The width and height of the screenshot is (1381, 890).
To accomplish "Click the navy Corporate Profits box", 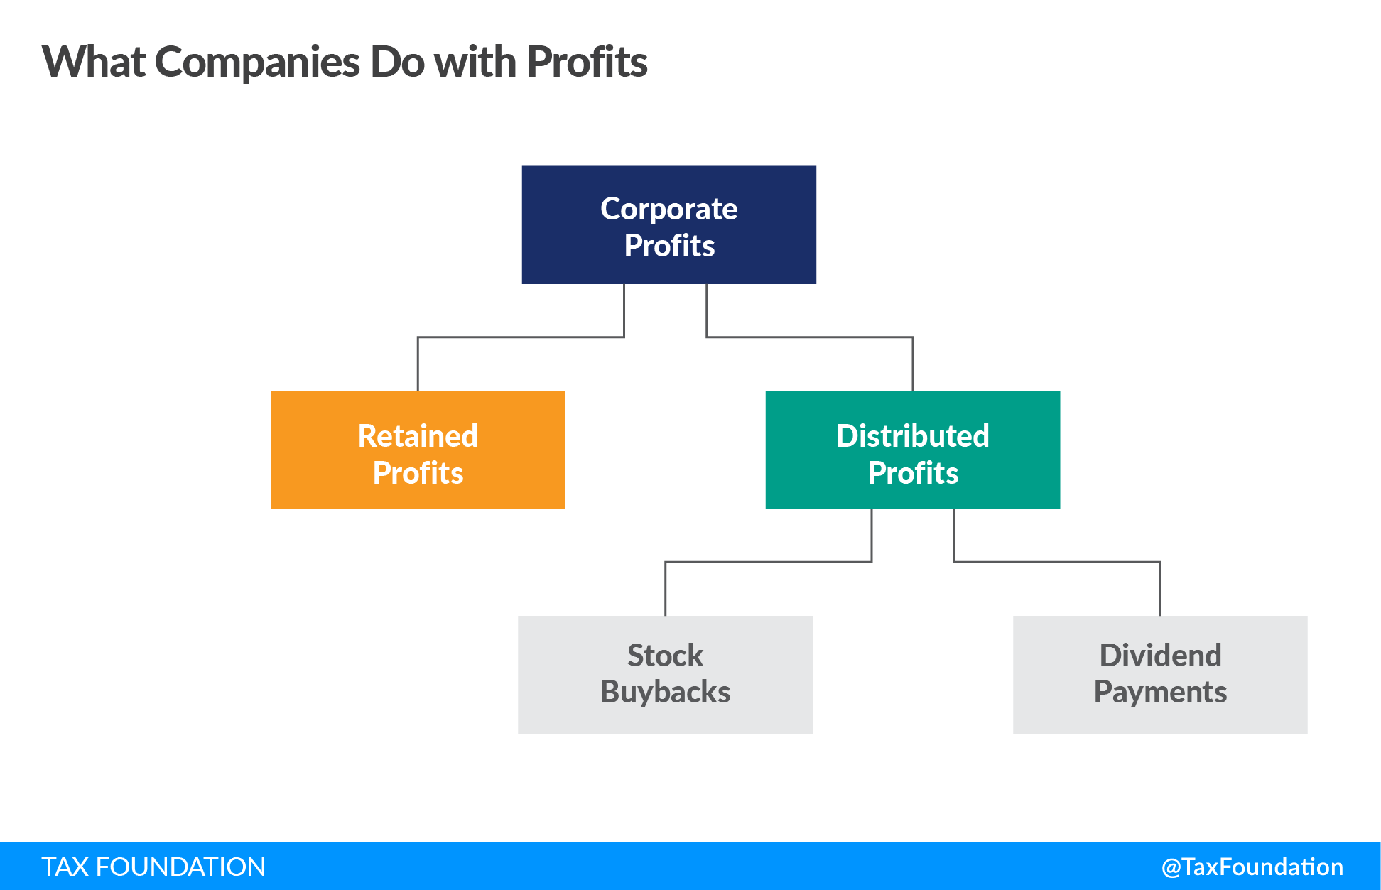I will coord(668,225).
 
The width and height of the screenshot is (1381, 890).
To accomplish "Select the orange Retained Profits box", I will coord(418,450).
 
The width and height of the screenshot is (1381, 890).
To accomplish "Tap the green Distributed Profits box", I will coord(912,450).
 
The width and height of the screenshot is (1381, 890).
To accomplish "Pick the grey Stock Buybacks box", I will coord(665,674).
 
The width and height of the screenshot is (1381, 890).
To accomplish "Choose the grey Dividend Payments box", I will coord(1159,674).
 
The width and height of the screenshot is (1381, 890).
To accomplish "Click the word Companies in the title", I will coord(257,63).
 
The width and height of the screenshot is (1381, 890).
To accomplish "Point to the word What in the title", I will coord(94,63).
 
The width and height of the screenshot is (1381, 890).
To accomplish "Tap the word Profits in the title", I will coord(587,63).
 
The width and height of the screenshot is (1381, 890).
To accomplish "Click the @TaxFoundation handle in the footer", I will coord(1252,867).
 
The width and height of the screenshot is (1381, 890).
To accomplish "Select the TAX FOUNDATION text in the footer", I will coord(153,867).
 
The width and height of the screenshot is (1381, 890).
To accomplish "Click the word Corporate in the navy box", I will coord(668,209).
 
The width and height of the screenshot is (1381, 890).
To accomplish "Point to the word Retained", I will coord(418,435).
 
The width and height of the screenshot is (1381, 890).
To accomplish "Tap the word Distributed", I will coord(912,435).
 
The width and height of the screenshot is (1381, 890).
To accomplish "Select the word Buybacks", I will coord(665,692).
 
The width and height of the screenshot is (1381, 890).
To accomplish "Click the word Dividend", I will coord(1160,655).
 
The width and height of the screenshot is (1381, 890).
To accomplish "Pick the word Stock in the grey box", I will coord(665,655).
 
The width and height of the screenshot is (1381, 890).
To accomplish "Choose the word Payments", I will coord(1160,692).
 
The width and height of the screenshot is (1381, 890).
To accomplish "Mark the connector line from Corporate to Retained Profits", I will coord(521,337).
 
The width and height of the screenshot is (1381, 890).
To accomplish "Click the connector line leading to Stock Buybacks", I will coord(768,562).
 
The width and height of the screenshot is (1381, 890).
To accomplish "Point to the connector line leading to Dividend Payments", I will coord(1057,562).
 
